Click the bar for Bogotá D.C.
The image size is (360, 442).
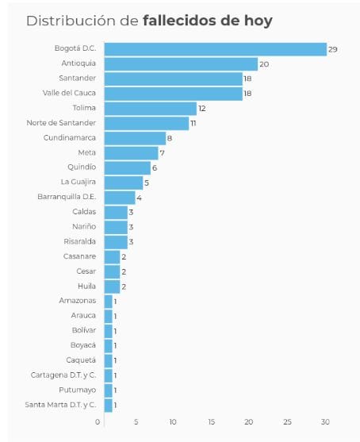(x=216, y=49)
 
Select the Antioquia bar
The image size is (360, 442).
(x=181, y=64)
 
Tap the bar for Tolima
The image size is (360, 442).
(x=151, y=109)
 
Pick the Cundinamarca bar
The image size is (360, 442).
(x=136, y=138)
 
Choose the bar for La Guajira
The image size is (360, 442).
(x=124, y=183)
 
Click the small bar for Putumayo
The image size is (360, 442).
(x=109, y=390)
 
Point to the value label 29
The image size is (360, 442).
(x=333, y=50)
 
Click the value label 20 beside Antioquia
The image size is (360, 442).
(x=264, y=64)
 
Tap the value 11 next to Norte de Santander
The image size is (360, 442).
(x=193, y=124)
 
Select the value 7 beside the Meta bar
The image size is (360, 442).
(x=162, y=153)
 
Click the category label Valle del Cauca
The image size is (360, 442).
(x=69, y=93)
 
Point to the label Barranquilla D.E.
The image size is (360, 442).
(x=67, y=197)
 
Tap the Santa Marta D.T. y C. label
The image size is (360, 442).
(x=60, y=405)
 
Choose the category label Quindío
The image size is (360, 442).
(x=82, y=167)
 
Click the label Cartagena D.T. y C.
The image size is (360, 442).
(x=63, y=375)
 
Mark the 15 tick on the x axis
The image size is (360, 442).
(x=211, y=422)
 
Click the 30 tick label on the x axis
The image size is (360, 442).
(x=325, y=422)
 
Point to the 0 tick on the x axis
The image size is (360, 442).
(x=98, y=422)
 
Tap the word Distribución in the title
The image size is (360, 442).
(x=71, y=21)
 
